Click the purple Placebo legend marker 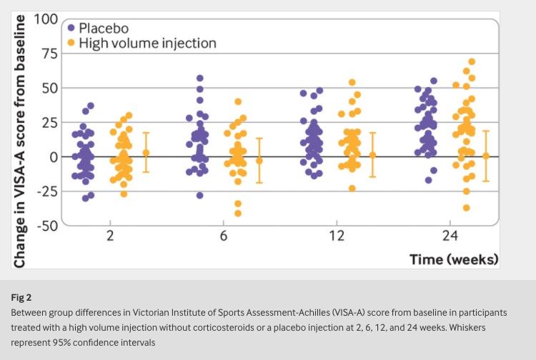(71, 28)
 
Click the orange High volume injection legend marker (71, 44)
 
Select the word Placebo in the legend (104, 28)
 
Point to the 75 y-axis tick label (49, 54)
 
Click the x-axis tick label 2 (110, 236)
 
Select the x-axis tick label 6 (224, 236)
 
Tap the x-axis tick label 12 (337, 236)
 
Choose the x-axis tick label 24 (450, 236)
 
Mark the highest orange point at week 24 (472, 62)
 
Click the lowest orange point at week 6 (238, 213)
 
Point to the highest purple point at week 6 (200, 78)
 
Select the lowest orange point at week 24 (466, 208)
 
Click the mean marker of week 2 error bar (146, 152)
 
